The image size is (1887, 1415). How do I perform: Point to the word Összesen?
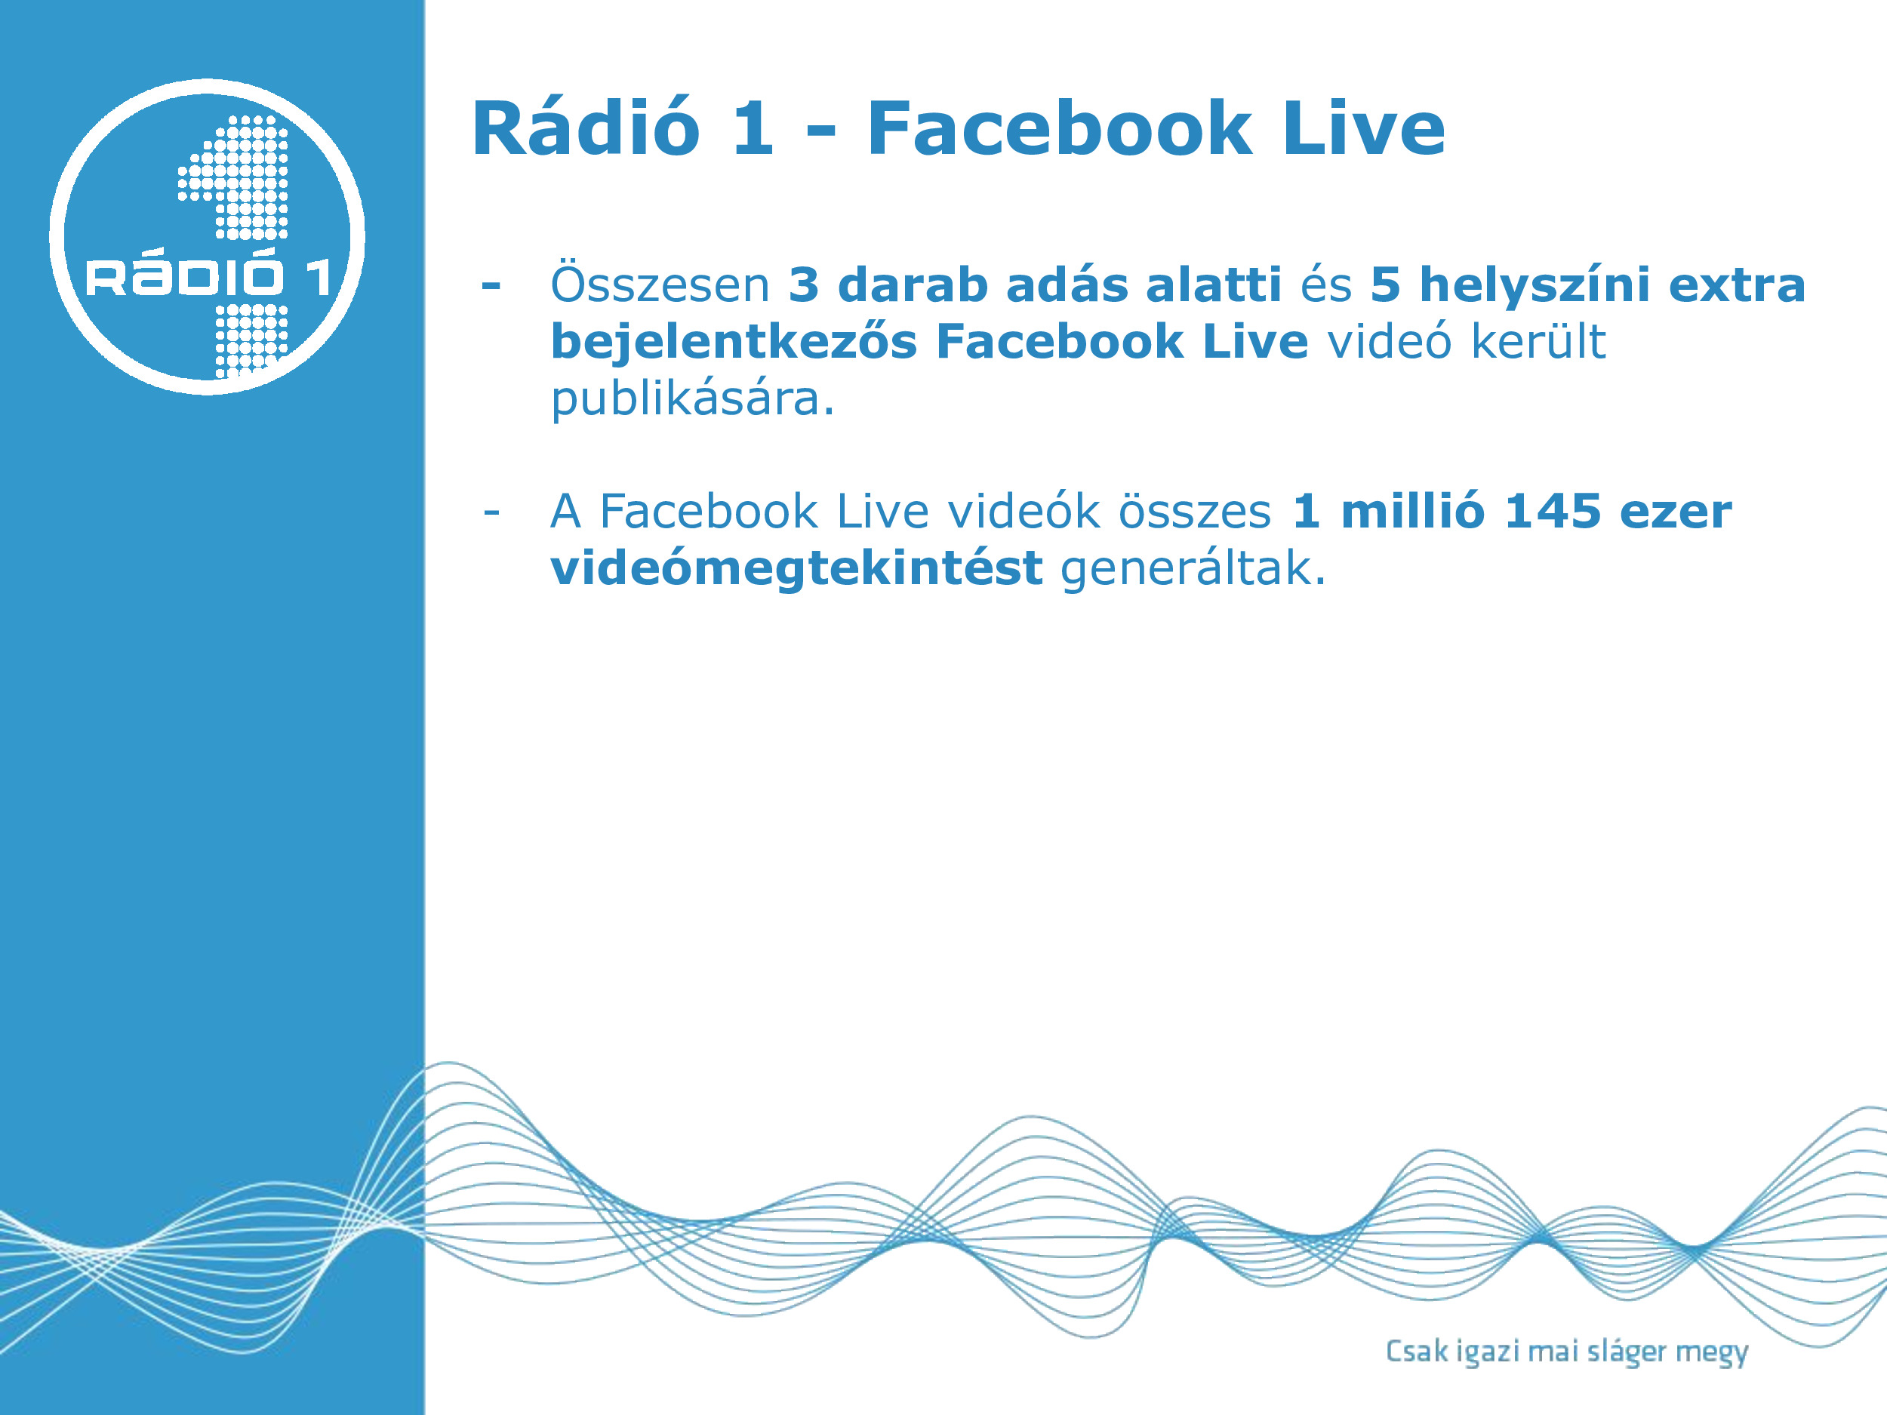[x=660, y=284]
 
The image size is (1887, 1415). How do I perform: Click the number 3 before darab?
[x=804, y=285]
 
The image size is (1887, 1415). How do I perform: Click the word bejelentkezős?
[x=734, y=341]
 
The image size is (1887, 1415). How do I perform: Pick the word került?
[x=1539, y=341]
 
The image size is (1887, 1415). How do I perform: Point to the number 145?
[x=1553, y=512]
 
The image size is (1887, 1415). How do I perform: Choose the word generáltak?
[x=1193, y=569]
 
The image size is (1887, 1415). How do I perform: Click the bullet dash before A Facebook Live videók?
[x=491, y=512]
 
